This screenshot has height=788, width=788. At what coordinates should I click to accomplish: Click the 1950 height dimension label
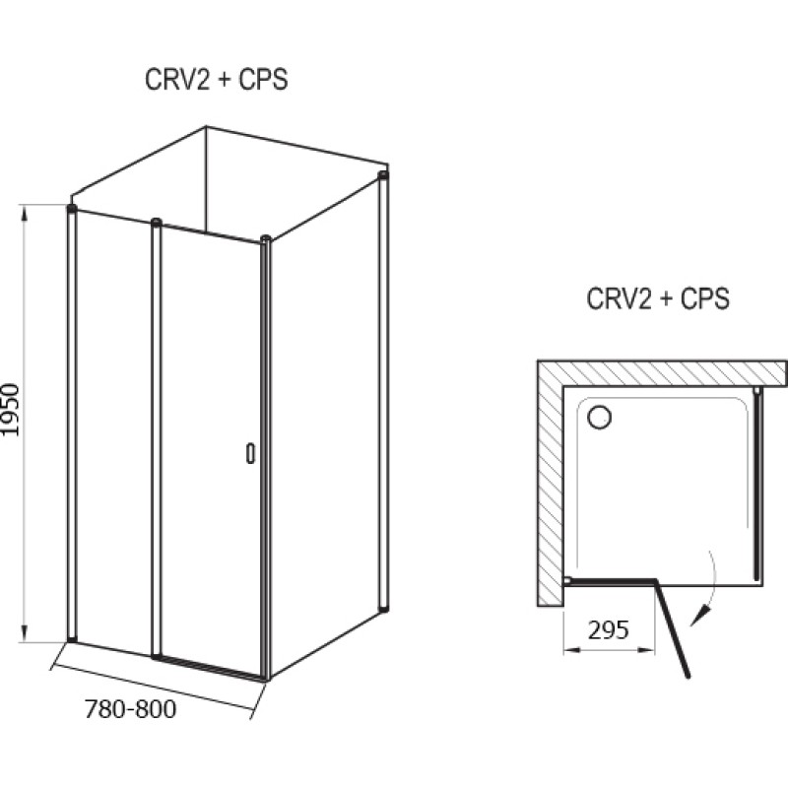(x=11, y=410)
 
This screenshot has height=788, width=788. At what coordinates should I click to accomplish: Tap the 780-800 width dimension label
(x=131, y=709)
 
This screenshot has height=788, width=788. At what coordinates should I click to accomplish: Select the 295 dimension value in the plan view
(x=608, y=629)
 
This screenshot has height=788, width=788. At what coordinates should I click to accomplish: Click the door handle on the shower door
(x=250, y=453)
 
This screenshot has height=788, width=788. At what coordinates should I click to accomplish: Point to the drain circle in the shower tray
(x=599, y=417)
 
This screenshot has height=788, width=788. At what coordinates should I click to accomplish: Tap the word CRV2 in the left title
(x=176, y=80)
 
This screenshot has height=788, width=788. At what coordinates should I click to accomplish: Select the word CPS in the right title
(x=704, y=298)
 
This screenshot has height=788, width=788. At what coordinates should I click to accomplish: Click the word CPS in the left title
(x=263, y=80)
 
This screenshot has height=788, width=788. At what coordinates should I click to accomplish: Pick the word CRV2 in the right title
(x=618, y=298)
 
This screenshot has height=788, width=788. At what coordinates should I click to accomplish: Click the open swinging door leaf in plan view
(x=672, y=628)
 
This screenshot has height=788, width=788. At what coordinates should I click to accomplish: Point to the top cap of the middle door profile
(x=157, y=222)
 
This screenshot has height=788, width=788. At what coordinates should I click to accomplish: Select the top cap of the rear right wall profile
(x=383, y=175)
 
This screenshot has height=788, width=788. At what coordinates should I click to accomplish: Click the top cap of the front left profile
(x=72, y=208)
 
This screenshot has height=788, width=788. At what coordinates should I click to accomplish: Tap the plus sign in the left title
(x=224, y=81)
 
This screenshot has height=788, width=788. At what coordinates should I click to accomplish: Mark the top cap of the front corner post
(x=266, y=238)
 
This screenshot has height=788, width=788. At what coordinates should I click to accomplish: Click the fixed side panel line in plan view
(x=757, y=483)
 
